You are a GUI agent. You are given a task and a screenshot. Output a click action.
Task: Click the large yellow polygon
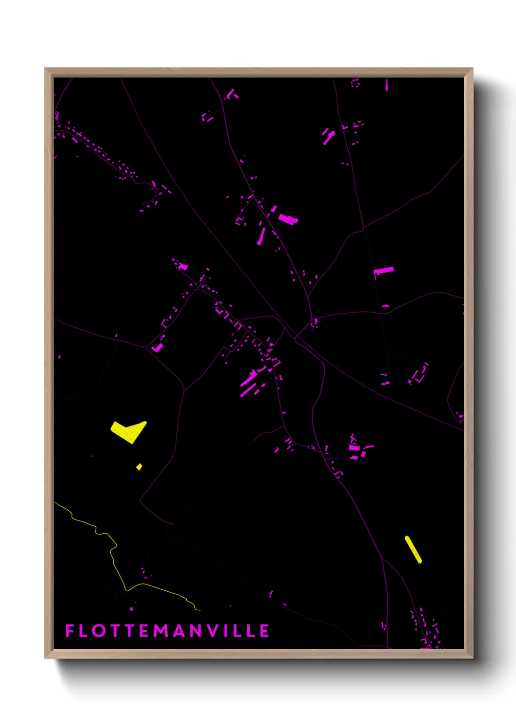tap(128, 431)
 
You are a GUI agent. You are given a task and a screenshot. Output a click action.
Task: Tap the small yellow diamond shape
tap(139, 467)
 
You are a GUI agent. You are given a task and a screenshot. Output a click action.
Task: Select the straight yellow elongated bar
tap(413, 550)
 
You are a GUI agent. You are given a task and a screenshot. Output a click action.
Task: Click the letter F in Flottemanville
tap(70, 631)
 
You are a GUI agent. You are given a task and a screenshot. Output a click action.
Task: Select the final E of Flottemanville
tap(264, 631)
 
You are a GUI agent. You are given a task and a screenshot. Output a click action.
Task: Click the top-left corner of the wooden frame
tap(46, 69)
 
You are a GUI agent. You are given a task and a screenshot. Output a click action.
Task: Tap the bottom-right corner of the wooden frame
tap(472, 657)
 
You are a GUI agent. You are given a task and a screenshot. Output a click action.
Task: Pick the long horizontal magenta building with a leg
tap(384, 270)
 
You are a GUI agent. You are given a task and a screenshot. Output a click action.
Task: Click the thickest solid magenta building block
tap(288, 219)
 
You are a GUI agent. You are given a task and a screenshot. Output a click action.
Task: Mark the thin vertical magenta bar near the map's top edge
tap(387, 85)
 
